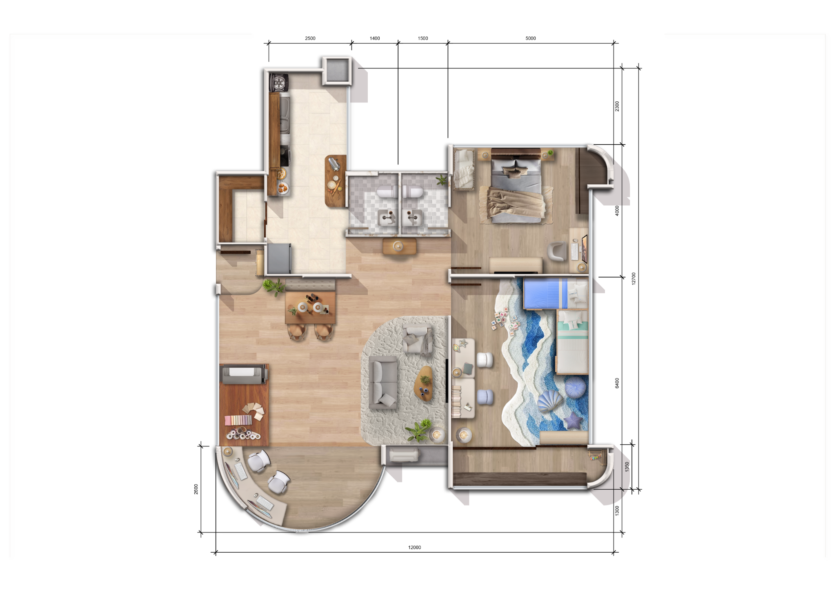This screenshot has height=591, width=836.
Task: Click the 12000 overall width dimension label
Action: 414,547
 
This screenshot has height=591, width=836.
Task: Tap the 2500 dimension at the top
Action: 310,38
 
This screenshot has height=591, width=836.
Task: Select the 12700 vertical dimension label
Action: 634,279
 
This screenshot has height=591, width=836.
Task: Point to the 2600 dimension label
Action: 196,489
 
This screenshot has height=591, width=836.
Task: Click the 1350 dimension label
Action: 627,467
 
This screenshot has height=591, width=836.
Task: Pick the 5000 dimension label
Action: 531,38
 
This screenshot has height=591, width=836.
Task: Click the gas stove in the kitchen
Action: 279,83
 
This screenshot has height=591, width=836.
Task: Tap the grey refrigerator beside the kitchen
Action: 279,259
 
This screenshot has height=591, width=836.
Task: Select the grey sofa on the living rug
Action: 383,382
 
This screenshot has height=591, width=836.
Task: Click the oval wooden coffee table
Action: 424,384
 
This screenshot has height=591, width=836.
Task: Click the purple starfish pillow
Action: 572,421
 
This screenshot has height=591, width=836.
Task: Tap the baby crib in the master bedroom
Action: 464,169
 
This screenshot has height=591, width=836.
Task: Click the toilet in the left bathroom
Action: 386,192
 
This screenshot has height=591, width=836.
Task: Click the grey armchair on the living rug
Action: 417,339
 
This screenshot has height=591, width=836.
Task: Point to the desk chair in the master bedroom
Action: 557,251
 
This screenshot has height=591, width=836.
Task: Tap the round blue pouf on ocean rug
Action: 575,387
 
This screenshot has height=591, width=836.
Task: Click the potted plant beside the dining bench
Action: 273,286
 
